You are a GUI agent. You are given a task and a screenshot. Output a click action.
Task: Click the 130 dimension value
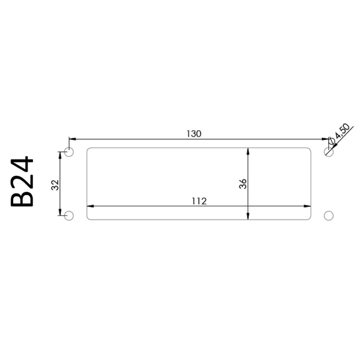point(194,134)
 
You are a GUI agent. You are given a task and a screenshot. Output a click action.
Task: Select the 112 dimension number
point(199,201)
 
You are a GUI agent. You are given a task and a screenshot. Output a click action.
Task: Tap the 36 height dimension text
point(242,184)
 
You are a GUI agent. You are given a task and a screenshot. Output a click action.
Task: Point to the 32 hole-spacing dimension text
point(55,185)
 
